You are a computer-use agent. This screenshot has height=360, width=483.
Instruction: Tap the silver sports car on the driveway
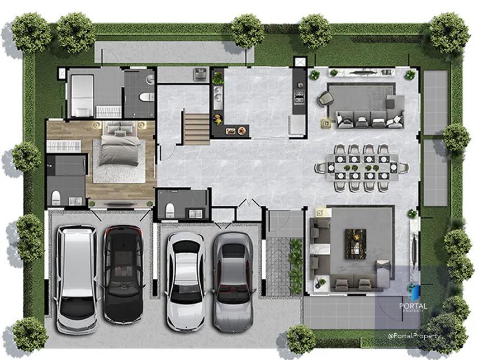(x=233, y=282)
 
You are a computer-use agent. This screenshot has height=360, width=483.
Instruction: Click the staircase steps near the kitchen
(x=197, y=129)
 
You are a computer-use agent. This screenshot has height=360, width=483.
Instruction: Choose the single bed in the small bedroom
(x=82, y=96)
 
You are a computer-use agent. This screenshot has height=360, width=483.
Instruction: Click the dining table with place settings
(x=362, y=168)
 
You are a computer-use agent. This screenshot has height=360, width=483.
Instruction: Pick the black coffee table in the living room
(x=356, y=244)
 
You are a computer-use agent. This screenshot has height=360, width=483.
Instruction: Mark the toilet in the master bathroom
(x=56, y=197)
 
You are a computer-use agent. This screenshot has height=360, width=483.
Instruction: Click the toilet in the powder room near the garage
(x=170, y=210)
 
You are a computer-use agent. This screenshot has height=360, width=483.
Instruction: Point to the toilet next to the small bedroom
(x=146, y=97)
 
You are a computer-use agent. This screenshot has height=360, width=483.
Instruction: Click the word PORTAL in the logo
(x=413, y=306)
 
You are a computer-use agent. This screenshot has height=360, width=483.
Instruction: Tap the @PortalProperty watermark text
(x=414, y=336)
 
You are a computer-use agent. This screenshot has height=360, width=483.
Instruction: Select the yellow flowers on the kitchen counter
(x=217, y=119)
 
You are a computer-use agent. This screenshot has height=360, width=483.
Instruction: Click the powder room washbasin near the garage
(x=195, y=213)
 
